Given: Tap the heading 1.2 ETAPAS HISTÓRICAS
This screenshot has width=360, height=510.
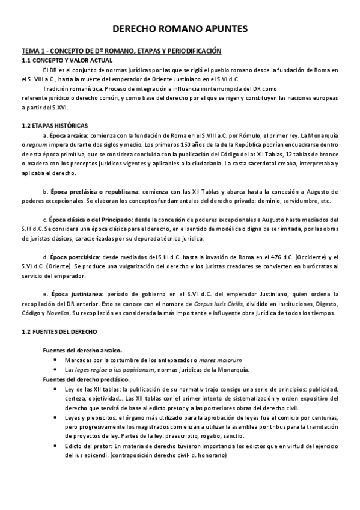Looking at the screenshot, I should tap(54, 125).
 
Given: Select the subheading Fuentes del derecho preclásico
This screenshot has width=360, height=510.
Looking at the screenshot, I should tap(85, 380).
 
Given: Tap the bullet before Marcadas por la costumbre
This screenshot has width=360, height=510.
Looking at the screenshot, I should tap(56, 360).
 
